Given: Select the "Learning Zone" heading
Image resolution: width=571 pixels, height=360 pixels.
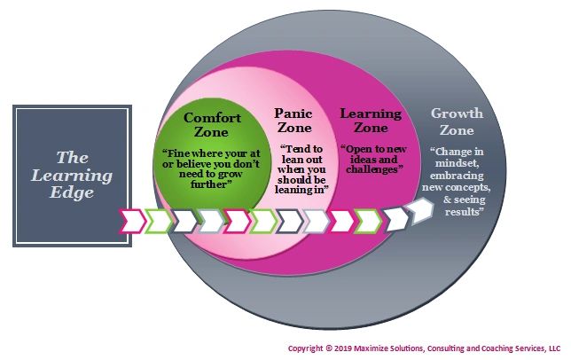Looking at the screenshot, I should pos(371,121).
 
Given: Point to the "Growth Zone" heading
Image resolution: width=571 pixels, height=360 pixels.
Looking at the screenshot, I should pos(457,121).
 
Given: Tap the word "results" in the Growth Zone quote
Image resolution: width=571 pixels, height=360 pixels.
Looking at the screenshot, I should pos(457,213).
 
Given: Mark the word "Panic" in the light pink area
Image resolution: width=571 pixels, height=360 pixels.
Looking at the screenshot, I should pos(293,113).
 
